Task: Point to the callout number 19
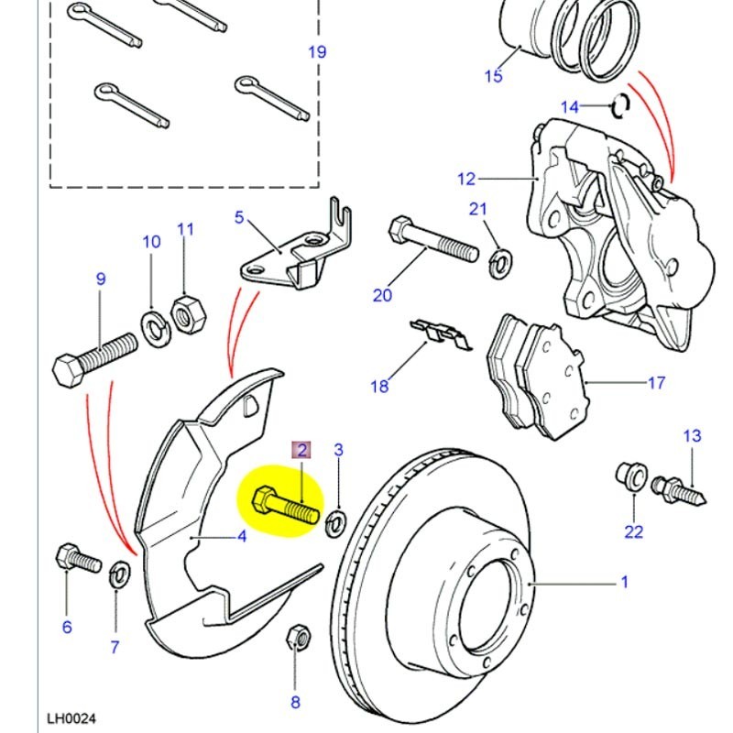pos(317,52)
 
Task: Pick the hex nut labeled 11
pos(187,314)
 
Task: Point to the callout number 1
pos(625,581)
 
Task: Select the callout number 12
pos(467,178)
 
